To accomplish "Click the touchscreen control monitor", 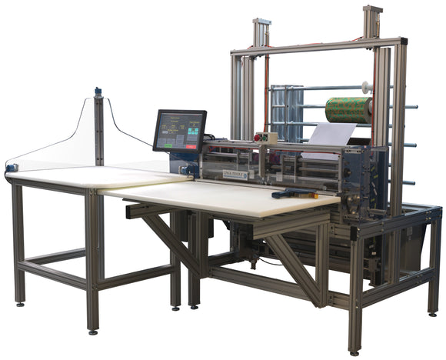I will [179, 131].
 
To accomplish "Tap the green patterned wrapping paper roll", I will [348, 110].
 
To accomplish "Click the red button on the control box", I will [264, 138].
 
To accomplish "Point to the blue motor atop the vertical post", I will [98, 93].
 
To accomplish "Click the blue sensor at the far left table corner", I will [11, 167].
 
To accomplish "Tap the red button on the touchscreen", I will [190, 145].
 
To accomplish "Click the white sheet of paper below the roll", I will [333, 135].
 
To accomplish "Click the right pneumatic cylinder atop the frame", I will [372, 21].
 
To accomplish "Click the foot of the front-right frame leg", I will [354, 351].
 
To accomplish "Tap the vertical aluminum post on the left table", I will [98, 131].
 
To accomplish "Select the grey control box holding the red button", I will [268, 138].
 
